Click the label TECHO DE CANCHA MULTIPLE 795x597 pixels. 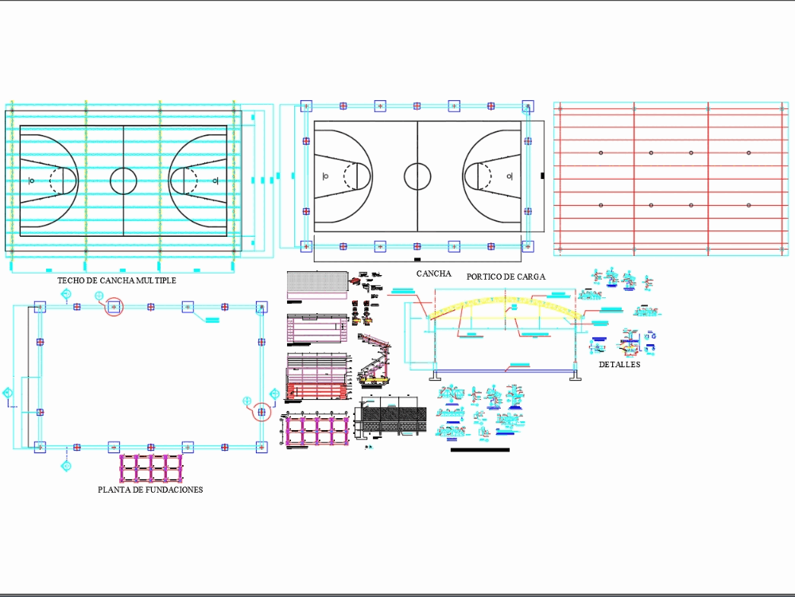pyautogui.click(x=117, y=281)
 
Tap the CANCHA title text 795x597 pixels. pyautogui.click(x=433, y=273)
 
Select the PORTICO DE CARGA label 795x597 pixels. pyautogui.click(x=506, y=277)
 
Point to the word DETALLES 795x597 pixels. pyautogui.click(x=619, y=365)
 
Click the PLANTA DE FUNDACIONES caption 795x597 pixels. pyautogui.click(x=150, y=490)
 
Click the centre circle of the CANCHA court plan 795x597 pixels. pyautogui.click(x=417, y=176)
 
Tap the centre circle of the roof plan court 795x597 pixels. pyautogui.click(x=123, y=180)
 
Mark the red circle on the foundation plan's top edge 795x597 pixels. pyautogui.click(x=114, y=306)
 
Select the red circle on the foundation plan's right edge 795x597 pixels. pyautogui.click(x=262, y=411)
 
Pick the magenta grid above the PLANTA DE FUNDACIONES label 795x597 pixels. pyautogui.click(x=152, y=468)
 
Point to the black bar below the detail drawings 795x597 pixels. pyautogui.click(x=479, y=450)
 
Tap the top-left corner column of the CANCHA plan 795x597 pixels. pyautogui.click(x=306, y=106)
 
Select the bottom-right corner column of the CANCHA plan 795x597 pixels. pyautogui.click(x=528, y=246)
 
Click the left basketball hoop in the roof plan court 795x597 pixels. pyautogui.click(x=32, y=180)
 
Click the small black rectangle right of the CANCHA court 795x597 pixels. pyautogui.click(x=542, y=175)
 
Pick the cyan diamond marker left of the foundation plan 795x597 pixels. pyautogui.click(x=7, y=393)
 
